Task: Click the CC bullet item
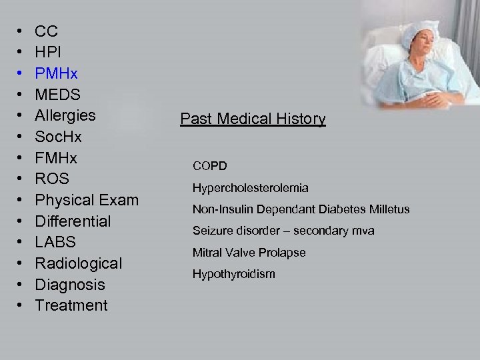pos(46,31)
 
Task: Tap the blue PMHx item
pos(56,73)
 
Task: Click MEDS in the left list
pos(57,95)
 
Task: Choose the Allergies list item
pos(65,115)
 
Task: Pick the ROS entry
pos(51,179)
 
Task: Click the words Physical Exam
pos(87,200)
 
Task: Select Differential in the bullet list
pos(73,221)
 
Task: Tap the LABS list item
pos(55,242)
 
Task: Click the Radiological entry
pos(79,263)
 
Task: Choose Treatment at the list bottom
pos(71,305)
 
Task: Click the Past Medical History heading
pos(253,119)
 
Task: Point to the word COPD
pos(210,165)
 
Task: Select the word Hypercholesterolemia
pos(250,189)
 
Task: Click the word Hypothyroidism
pos(233,274)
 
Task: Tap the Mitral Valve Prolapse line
pos(249,253)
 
